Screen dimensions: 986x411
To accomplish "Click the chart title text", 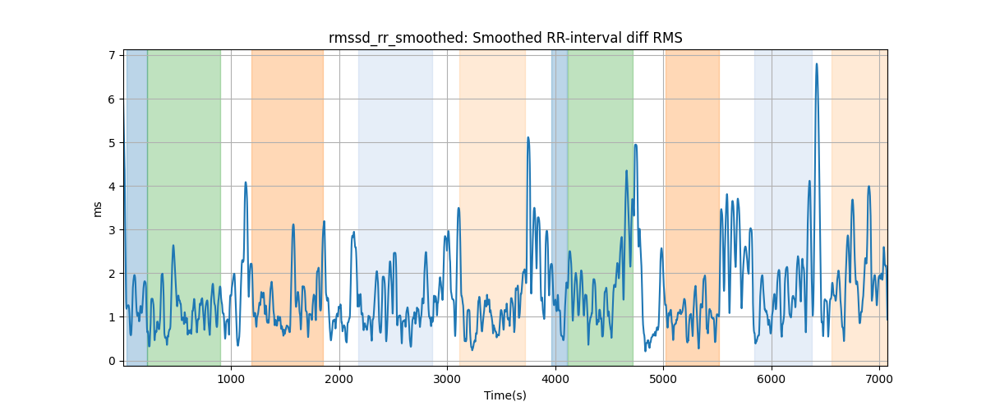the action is (x=505, y=39).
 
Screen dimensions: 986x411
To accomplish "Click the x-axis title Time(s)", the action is (x=505, y=395).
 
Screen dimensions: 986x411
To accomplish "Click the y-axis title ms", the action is (x=97, y=210).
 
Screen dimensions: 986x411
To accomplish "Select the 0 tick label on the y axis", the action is (x=112, y=361).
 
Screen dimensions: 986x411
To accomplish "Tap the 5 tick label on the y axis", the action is (x=112, y=143).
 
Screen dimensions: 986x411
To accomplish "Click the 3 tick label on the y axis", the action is (x=112, y=230).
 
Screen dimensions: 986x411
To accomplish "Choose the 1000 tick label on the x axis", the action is (x=231, y=379).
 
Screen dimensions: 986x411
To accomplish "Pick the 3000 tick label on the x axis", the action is (x=447, y=379).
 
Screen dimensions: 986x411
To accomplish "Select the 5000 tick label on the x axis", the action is (x=663, y=379).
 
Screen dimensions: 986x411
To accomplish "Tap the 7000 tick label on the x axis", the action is (x=879, y=379).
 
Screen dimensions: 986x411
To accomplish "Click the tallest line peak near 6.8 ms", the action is (x=817, y=64).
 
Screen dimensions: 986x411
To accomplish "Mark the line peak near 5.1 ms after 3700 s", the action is (x=528, y=137).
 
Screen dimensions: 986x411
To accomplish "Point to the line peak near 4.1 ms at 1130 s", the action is (x=246, y=182).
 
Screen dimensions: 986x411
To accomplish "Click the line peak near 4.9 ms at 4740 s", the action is (x=636, y=145).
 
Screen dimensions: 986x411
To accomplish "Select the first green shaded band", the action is (x=184, y=207).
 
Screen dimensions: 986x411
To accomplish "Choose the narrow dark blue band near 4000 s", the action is (x=560, y=207).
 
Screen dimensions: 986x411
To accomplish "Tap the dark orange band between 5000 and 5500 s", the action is (x=693, y=207).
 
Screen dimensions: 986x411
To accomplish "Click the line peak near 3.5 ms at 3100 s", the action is (x=458, y=208).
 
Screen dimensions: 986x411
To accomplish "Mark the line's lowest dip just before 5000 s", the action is (x=645, y=351).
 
